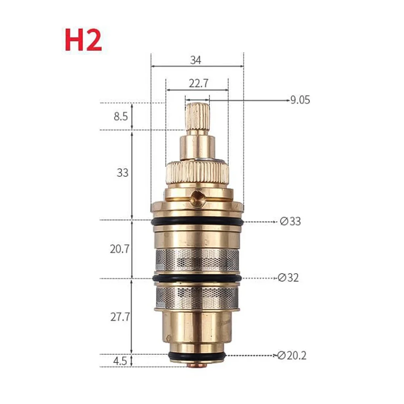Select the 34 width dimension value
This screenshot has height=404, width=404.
pos(196,60)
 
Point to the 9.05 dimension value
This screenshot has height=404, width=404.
pos(300,100)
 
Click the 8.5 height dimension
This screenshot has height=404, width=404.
pos(121,117)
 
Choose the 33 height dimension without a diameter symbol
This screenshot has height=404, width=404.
pos(122,172)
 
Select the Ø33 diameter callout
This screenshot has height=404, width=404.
pos(290,222)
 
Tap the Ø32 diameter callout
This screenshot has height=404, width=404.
pos(289,278)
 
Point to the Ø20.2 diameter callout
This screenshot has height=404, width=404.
pos(292,356)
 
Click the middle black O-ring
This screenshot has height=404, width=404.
pos(197,278)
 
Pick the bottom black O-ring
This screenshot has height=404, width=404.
pos(197,356)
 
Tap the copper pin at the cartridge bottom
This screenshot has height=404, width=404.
pos(197,366)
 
